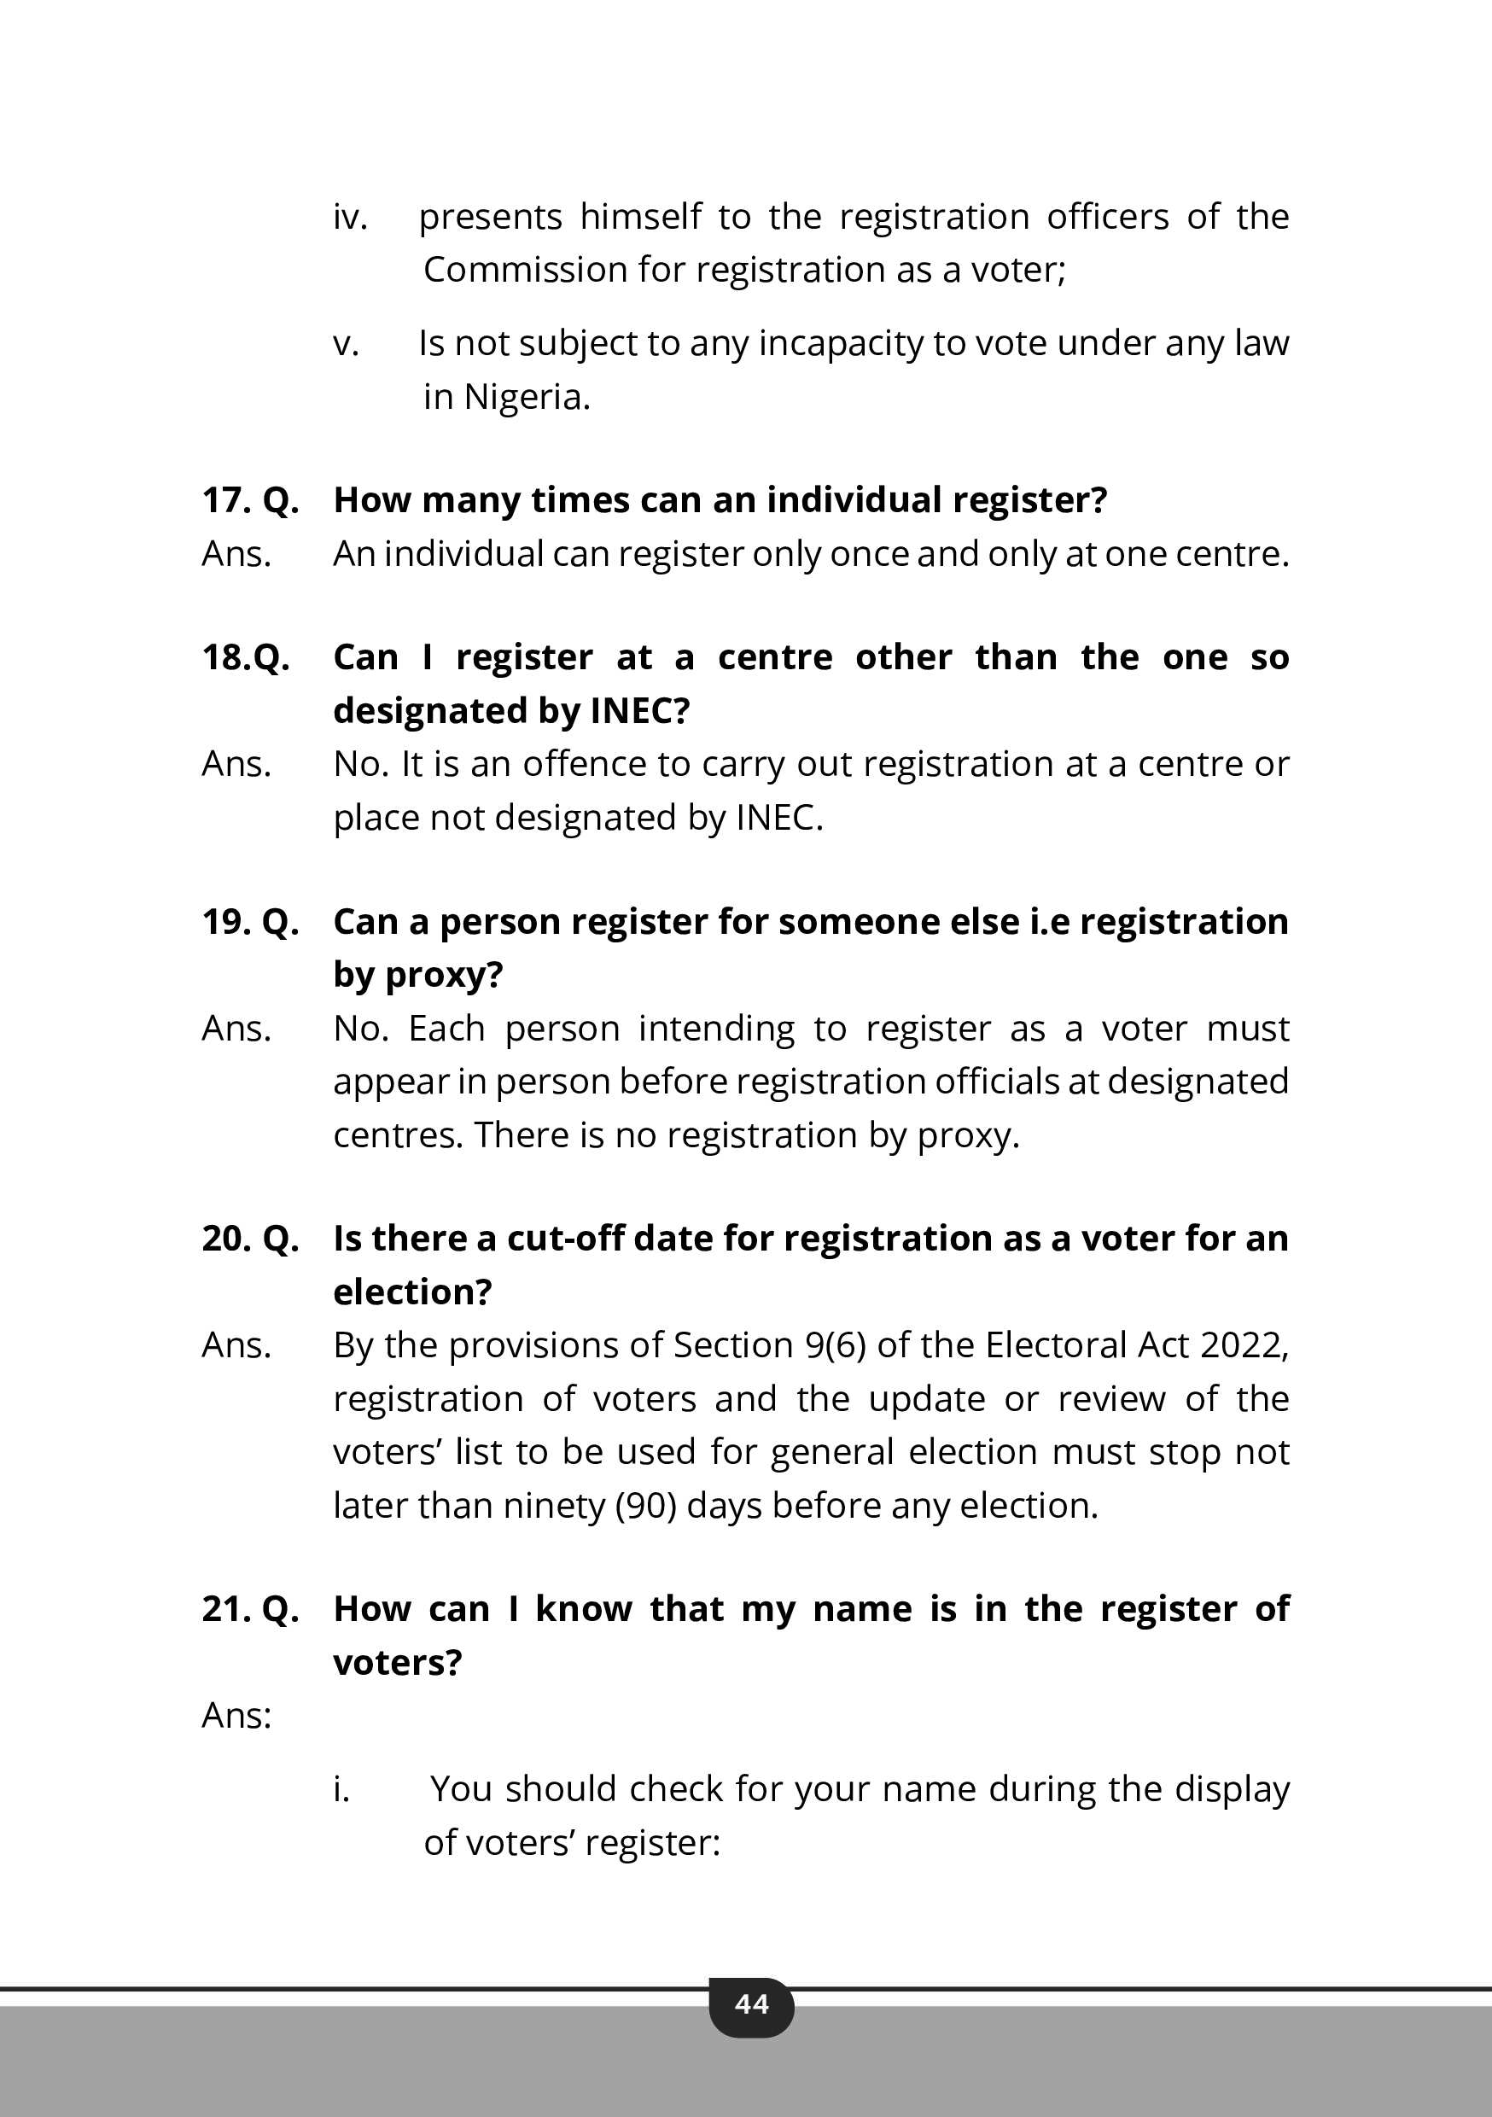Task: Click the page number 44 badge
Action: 751,2003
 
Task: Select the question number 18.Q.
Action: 245,657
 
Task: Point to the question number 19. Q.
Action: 250,921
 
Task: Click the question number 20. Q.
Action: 250,1239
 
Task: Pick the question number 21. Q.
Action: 250,1609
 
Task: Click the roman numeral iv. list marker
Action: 349,218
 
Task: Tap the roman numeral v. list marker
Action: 346,344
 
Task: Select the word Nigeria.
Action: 527,398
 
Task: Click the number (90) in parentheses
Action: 645,1506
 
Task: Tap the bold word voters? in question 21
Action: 398,1662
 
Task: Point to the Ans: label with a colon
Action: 236,1716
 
